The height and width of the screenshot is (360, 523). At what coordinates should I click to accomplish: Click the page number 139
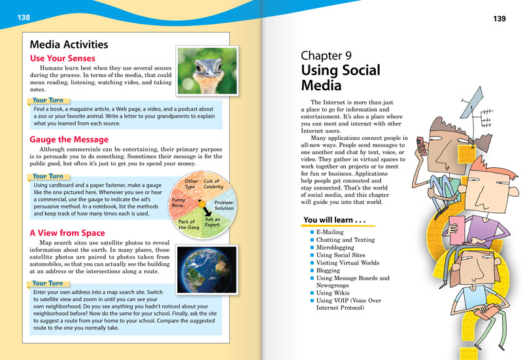(499, 19)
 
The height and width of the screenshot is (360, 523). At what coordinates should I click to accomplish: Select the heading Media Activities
(69, 45)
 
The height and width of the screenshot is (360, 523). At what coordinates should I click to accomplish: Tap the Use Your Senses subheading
(63, 59)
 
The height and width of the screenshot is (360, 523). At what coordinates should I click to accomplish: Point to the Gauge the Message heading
(69, 140)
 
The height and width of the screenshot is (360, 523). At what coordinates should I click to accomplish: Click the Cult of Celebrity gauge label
(212, 184)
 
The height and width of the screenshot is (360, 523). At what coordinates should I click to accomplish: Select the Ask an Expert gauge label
(212, 222)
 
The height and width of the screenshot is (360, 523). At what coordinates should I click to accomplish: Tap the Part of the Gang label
(188, 224)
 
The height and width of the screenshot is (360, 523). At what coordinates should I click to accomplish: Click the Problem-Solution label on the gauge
(224, 205)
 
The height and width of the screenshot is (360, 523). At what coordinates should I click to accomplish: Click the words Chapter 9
(324, 56)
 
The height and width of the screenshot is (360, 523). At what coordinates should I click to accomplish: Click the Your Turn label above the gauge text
(48, 176)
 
